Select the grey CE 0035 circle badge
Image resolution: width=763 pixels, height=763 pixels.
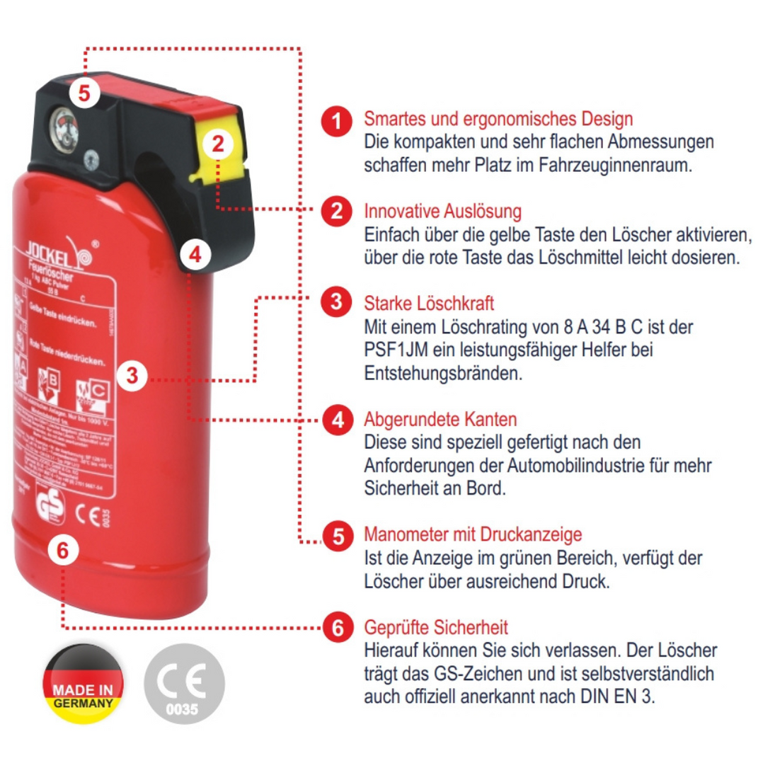[184, 684]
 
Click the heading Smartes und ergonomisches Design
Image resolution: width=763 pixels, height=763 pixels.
[498, 118]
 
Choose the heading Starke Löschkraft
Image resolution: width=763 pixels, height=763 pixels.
[429, 304]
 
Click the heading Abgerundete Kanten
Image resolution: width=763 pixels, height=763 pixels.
[440, 420]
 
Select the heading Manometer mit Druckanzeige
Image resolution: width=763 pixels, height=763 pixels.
[473, 534]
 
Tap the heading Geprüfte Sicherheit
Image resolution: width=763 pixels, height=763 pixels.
[435, 627]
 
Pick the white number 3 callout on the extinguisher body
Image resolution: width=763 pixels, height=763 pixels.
[132, 375]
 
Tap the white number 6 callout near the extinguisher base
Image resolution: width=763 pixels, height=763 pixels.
[63, 550]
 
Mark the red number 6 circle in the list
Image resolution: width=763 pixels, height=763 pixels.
[338, 628]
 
